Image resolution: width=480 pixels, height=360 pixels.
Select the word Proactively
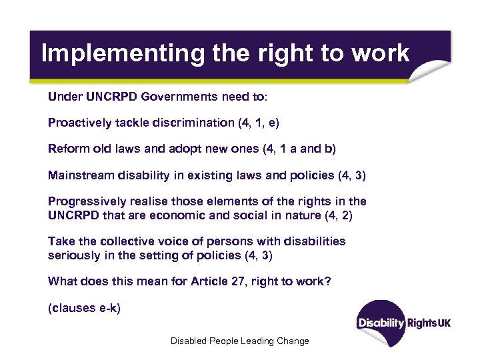click(x=81, y=123)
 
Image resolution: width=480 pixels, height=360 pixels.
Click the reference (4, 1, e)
click(x=260, y=123)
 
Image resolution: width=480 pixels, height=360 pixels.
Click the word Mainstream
click(x=77, y=175)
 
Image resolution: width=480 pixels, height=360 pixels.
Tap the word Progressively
click(x=86, y=201)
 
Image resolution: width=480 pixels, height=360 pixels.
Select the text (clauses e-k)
click(x=84, y=309)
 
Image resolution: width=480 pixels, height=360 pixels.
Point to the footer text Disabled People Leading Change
click(x=239, y=341)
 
